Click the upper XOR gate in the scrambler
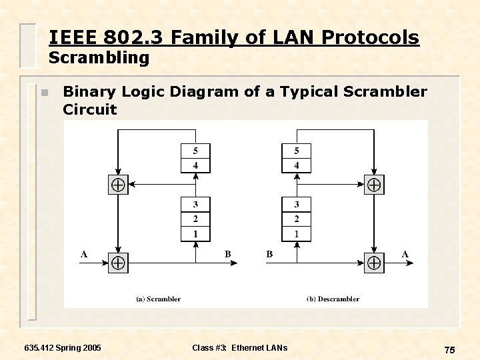coord(118,185)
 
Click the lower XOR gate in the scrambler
coord(118,263)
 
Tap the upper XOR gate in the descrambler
coord(374,185)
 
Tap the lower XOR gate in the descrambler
coord(374,263)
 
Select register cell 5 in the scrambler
coord(195,151)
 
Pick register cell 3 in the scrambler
coord(195,204)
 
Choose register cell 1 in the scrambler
coord(195,233)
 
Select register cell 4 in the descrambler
coord(296,165)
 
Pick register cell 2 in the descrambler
coord(296,219)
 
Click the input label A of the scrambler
coord(84,253)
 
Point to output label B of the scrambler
coord(227,253)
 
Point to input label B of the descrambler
coord(269,253)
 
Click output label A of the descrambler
coord(405,253)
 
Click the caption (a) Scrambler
coord(158,299)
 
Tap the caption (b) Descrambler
coord(333,299)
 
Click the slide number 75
coord(449,350)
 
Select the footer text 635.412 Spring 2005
coord(63,347)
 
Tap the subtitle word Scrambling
coord(99,58)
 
